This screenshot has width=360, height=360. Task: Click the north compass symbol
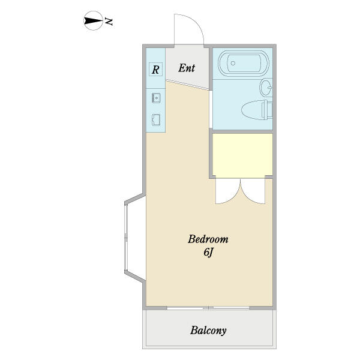[93, 20]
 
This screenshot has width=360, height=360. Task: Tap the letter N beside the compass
[109, 21]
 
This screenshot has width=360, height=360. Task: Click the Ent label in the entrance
[187, 68]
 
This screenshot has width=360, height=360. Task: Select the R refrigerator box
[155, 69]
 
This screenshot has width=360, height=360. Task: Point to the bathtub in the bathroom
[244, 64]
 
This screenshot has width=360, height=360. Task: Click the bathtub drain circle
[233, 63]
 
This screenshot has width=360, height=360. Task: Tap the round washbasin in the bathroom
[266, 87]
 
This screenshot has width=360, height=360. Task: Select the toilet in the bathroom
[257, 110]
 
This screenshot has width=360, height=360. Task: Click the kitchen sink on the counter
[156, 98]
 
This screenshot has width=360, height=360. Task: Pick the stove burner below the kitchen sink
[156, 120]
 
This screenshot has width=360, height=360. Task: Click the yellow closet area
[242, 155]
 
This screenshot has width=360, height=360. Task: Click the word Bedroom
[208, 239]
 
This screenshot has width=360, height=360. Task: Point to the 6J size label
[208, 253]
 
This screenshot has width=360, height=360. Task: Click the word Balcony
[208, 331]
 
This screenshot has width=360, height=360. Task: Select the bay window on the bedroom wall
[135, 238]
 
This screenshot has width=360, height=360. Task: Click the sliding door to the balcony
[208, 308]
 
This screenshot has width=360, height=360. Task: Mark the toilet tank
[267, 110]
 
